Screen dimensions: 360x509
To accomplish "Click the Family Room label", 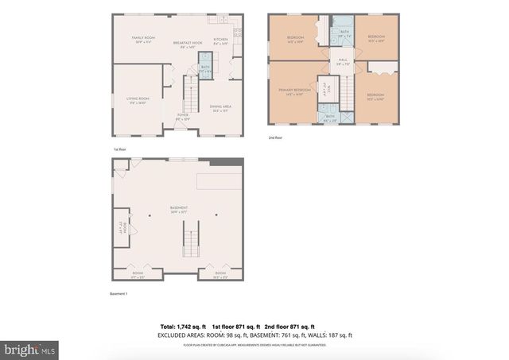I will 144,41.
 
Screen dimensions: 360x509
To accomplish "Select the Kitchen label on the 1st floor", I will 220,41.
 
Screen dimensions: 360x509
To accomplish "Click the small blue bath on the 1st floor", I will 205,67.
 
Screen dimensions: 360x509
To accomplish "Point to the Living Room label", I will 138,101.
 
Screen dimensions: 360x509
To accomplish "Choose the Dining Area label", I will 220,108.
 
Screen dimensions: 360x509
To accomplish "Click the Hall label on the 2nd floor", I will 343,61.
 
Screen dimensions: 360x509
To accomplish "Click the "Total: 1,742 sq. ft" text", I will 183,327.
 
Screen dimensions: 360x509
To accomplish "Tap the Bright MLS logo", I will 30,348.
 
